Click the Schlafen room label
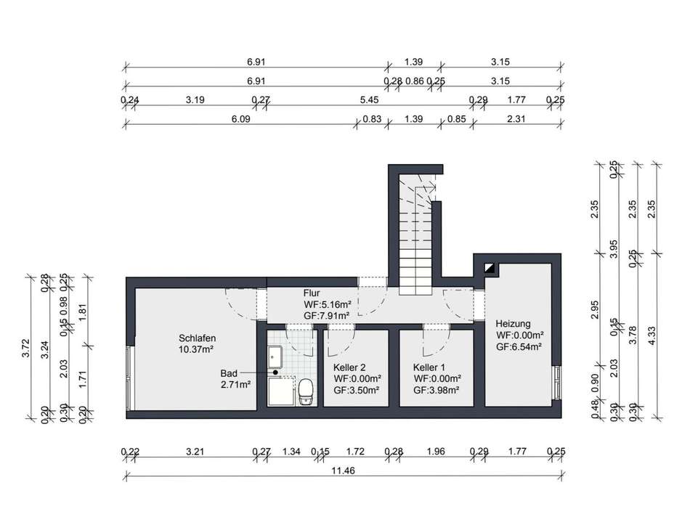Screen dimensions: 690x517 197,338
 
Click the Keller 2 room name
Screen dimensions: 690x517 349,367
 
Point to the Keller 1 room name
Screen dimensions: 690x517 429,367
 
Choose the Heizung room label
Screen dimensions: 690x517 513,324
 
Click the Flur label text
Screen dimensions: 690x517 312,293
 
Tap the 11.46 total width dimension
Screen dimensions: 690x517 344,471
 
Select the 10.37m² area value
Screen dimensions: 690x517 196,350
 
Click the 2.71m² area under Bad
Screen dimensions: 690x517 236,385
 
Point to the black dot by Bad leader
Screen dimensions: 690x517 275,373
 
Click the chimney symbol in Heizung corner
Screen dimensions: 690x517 490,268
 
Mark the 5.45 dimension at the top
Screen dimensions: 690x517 369,100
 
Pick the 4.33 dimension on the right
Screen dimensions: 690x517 652,335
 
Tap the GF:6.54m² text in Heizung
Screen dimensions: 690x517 519,346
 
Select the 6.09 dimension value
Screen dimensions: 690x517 240,119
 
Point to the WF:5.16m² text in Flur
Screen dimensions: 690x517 328,304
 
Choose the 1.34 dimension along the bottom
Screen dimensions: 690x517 291,452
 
